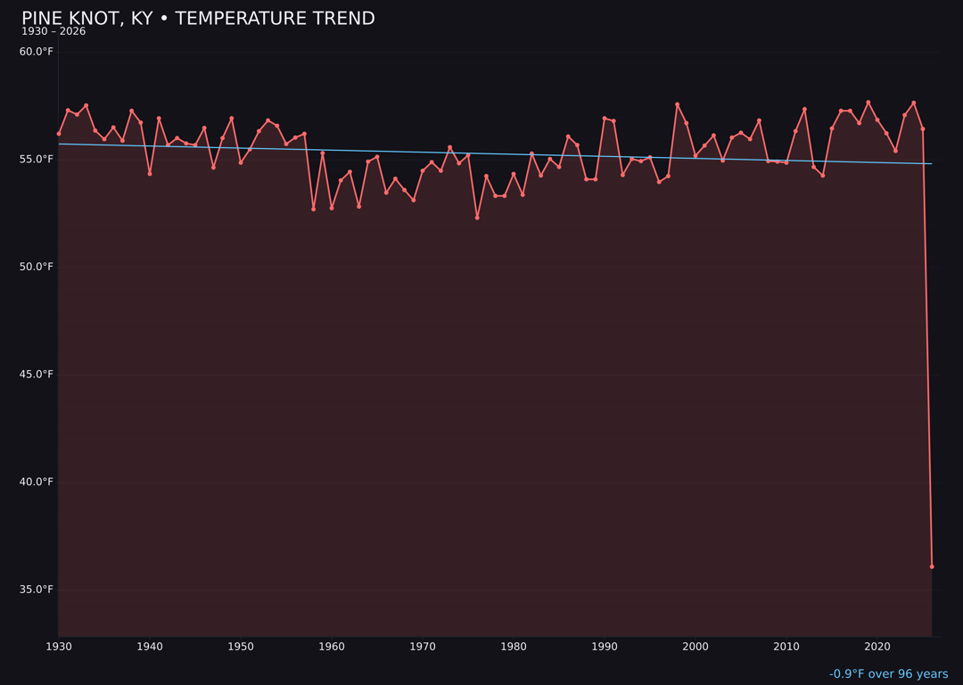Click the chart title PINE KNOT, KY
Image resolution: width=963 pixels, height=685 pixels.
coord(198,19)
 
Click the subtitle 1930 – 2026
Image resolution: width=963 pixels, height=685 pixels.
coord(53,32)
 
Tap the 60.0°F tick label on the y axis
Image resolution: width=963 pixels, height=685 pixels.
coord(37,52)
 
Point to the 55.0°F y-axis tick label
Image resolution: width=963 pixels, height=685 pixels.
coord(37,160)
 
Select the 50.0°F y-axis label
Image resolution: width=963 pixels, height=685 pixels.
coord(37,267)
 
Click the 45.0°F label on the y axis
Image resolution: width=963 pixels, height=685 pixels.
coord(37,375)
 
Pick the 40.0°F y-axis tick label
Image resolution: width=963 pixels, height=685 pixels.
coord(37,483)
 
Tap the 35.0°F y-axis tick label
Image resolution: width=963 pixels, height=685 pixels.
coord(37,590)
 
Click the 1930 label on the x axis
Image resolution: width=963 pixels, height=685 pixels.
coord(59,647)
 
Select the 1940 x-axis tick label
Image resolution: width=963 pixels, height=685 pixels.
coord(150,647)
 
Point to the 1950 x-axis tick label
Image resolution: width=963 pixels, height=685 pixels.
coord(241,647)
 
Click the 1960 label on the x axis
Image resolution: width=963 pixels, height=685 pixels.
coord(332,647)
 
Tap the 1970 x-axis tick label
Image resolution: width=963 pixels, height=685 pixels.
coord(423,647)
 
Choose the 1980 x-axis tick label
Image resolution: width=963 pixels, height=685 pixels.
coord(514,647)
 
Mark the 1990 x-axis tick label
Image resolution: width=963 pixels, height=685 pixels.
coord(605,647)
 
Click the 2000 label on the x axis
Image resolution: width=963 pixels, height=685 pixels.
coord(695,647)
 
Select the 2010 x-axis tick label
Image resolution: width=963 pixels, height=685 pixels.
coord(786,647)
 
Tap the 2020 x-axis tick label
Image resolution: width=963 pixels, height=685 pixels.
coord(877,647)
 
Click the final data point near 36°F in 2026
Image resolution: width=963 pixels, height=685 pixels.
coord(932,566)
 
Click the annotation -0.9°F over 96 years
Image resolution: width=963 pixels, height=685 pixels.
coord(888,674)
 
